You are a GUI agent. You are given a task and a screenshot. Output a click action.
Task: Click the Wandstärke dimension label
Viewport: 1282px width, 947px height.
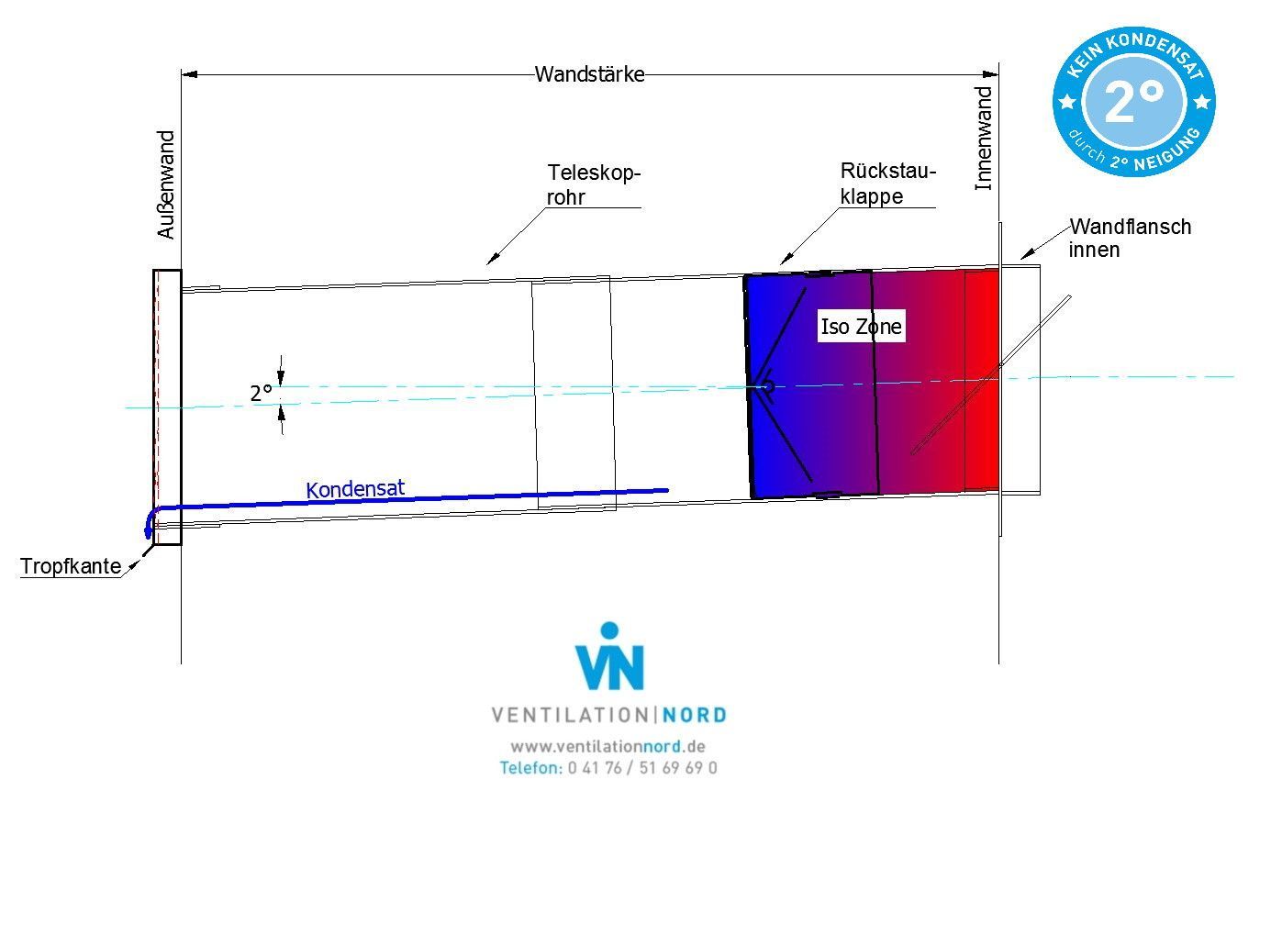(589, 74)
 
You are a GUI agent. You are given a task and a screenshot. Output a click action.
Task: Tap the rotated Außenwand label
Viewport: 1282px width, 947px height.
(166, 184)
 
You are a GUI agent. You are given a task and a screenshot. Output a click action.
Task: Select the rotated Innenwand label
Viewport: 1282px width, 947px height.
(983, 139)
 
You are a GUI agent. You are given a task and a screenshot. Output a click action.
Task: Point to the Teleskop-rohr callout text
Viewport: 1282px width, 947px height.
(594, 185)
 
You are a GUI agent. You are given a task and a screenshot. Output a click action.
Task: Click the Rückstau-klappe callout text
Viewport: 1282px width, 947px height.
(887, 184)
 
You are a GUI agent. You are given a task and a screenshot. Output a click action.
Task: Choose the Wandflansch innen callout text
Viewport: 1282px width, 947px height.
(1130, 239)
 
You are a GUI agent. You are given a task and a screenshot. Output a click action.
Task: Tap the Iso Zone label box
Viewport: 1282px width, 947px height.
(861, 327)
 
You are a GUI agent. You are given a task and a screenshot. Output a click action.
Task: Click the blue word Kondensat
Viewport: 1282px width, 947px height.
(355, 489)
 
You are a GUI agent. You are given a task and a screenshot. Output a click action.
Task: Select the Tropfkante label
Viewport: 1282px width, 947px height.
(71, 566)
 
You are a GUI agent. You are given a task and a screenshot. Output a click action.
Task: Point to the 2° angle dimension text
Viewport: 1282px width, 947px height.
(261, 394)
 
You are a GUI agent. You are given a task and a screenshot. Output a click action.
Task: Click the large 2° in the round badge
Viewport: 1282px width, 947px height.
(1133, 102)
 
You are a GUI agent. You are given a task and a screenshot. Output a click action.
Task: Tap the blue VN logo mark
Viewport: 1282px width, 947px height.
(609, 656)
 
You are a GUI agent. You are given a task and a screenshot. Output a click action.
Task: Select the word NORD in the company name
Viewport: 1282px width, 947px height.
(694, 716)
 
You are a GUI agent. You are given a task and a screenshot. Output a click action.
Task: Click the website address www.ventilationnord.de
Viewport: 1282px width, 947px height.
(608, 746)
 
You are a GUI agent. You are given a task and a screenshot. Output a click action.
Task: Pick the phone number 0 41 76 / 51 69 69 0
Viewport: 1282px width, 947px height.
(642, 768)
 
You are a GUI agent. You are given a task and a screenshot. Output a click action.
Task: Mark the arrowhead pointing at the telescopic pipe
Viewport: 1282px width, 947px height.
(492, 259)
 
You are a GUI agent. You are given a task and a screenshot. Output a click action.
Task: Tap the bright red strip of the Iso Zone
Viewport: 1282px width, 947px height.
(981, 380)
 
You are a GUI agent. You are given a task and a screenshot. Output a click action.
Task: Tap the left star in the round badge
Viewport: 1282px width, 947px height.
(1067, 102)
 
